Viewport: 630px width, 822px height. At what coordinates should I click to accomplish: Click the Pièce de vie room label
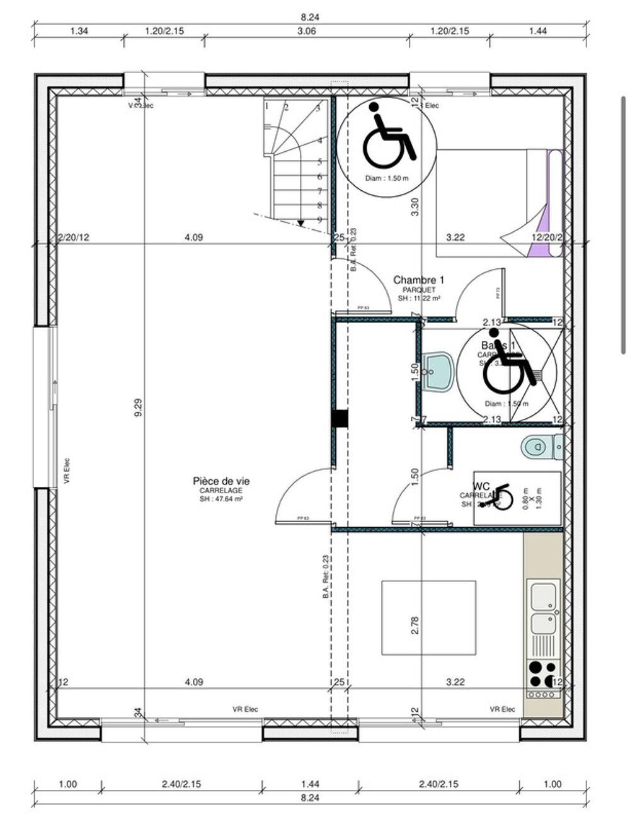point(217,481)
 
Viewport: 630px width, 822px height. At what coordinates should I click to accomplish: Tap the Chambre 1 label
point(419,280)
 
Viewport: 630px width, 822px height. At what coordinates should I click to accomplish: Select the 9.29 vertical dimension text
point(139,406)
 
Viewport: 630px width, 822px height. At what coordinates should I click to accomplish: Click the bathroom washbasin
point(437,372)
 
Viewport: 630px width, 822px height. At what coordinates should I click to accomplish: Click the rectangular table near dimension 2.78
point(428,618)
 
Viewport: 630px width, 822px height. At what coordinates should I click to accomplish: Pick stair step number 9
point(320,220)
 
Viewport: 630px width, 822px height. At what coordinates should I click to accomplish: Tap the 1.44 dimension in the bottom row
point(310,784)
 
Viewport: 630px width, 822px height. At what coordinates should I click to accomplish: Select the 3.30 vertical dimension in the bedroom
point(415,207)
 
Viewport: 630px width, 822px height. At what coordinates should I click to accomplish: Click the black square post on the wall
point(340,419)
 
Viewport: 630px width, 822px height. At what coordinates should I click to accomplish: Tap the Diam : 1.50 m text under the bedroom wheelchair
point(387,178)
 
